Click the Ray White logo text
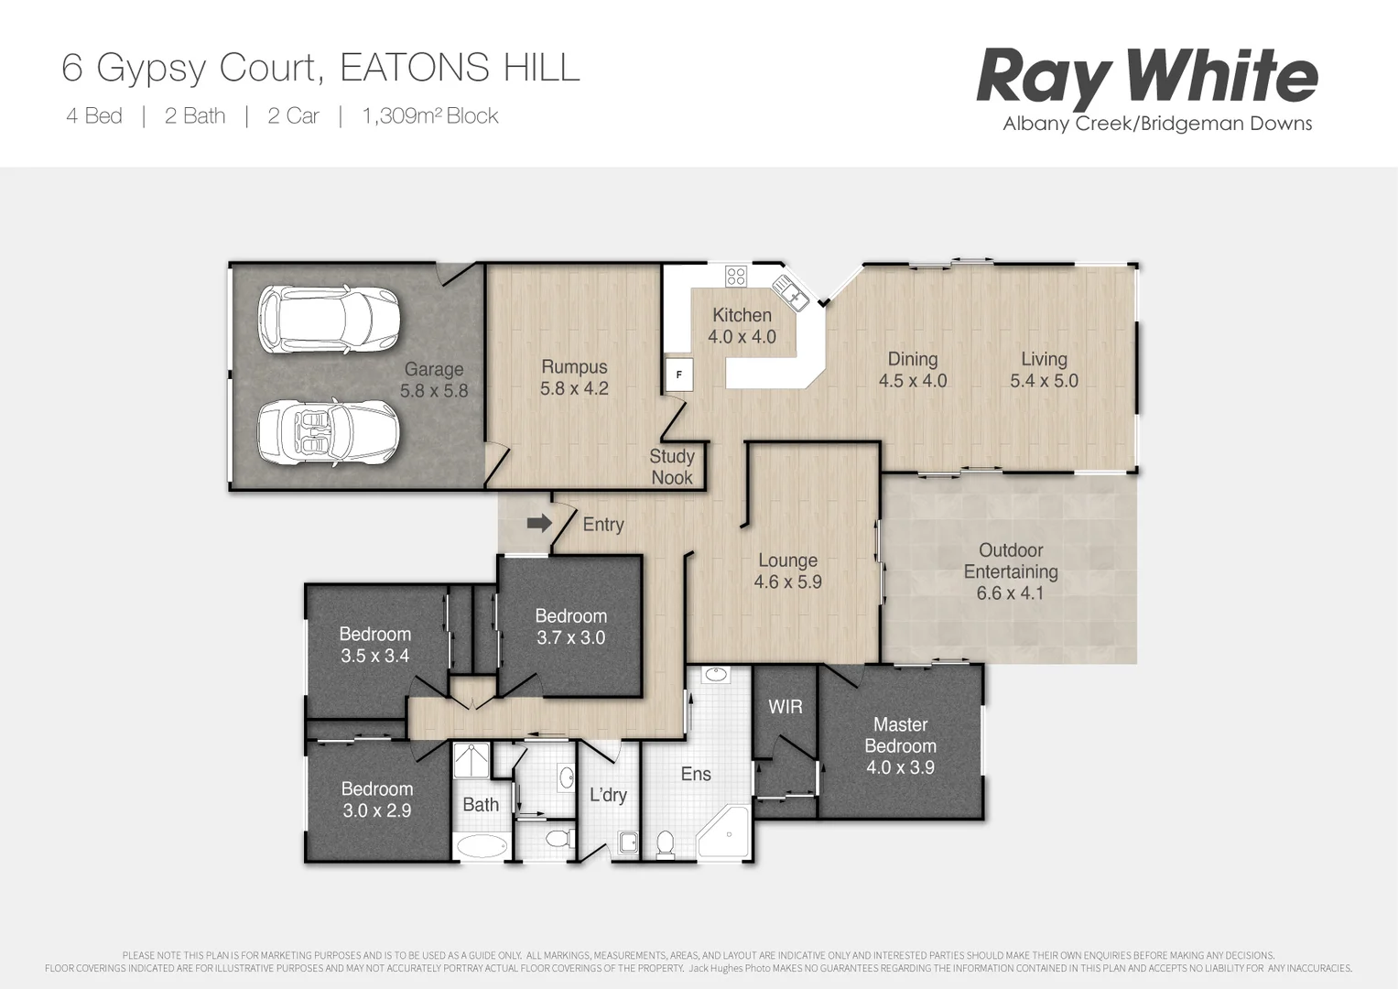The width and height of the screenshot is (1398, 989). pos(1146,78)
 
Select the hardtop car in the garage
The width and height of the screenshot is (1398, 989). pos(328,320)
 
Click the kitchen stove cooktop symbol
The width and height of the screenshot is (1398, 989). pos(736,275)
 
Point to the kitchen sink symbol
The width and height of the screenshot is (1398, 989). pos(789,290)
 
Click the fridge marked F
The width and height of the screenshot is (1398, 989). pos(678,374)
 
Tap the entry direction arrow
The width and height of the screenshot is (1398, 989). pos(539,523)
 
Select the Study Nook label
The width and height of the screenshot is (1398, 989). pos(672,466)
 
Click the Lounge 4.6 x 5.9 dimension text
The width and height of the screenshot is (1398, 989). pos(787,581)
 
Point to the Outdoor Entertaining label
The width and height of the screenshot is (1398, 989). pos(1011,571)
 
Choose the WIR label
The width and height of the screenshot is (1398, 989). pos(785,707)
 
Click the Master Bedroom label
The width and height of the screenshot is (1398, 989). pos(900,745)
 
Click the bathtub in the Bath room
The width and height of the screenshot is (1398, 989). pos(481,845)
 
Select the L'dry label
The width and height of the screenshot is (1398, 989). pos(608,795)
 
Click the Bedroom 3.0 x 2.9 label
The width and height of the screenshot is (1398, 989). pos(376,799)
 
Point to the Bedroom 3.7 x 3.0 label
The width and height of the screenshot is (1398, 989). pos(570,626)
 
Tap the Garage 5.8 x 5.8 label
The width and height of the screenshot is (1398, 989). pos(434,379)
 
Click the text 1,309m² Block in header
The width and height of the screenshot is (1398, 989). pos(430,116)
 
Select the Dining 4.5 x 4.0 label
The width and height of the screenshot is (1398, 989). pos(912,369)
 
